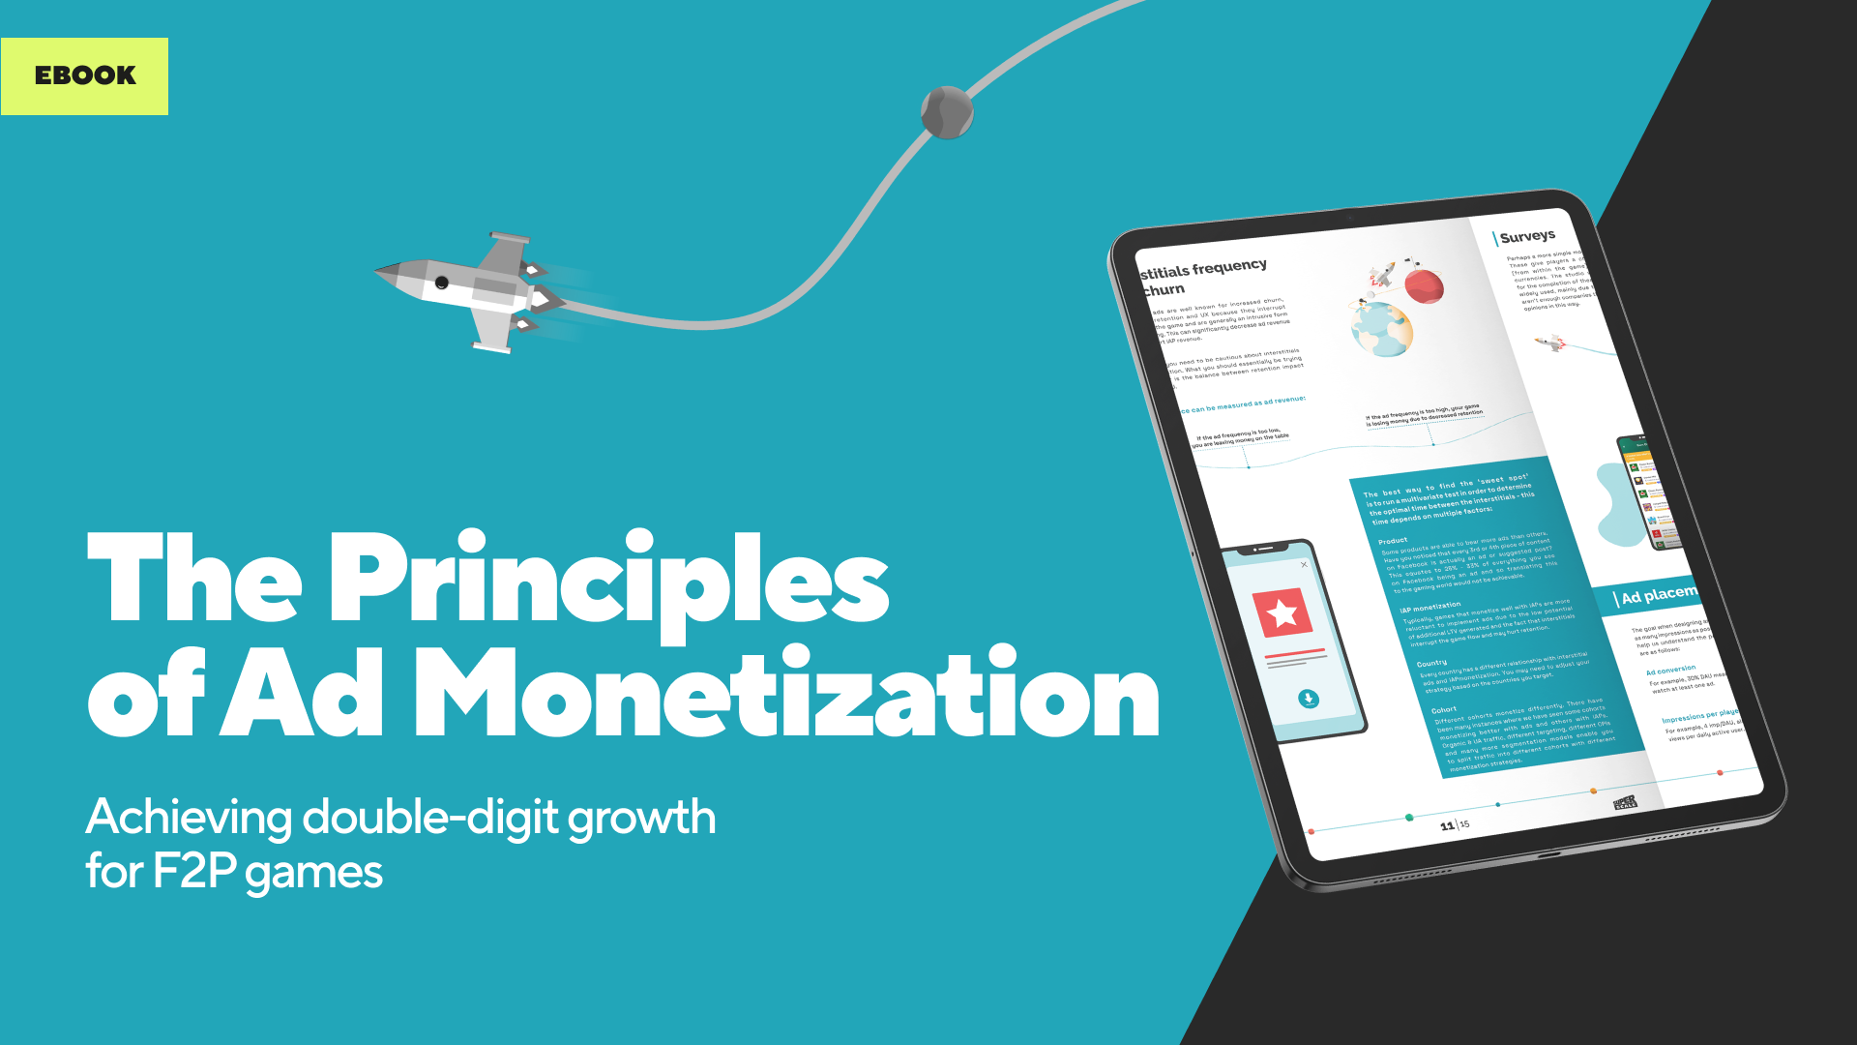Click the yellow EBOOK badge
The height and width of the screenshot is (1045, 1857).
(84, 75)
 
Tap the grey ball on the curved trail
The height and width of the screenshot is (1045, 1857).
(946, 112)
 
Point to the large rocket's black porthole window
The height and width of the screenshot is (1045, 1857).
(442, 283)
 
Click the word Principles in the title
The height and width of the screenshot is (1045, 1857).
(609, 580)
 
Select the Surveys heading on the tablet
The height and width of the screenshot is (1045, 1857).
(1527, 236)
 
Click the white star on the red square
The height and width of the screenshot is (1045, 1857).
(1282, 613)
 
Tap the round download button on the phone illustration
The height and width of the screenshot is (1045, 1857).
(1308, 699)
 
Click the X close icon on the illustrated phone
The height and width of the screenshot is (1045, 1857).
(1304, 564)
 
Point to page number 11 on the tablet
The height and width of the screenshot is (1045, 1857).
(1447, 825)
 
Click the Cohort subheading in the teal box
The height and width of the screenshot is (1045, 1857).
(1444, 710)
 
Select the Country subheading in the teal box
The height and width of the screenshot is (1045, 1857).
(1431, 664)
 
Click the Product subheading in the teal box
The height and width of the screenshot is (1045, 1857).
(1393, 541)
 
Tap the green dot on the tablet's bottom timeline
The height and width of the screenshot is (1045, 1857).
(1409, 818)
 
